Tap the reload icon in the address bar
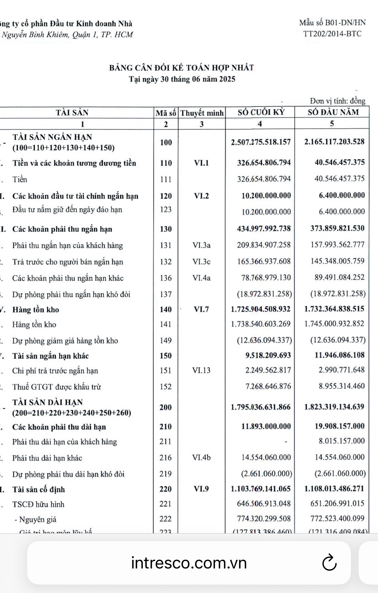tap(329, 563)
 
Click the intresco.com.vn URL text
tap(189, 563)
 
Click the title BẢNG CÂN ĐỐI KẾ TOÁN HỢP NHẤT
tap(181, 68)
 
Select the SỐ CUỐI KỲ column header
tap(261, 112)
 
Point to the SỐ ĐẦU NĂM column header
tap(333, 112)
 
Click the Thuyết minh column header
tap(202, 113)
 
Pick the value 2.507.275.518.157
tap(261, 142)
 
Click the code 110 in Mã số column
tap(166, 163)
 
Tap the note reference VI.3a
tap(201, 245)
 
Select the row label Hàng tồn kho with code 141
tap(34, 324)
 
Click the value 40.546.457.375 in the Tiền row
tap(340, 179)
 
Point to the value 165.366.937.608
tap(264, 261)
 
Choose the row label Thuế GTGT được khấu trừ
tap(57, 387)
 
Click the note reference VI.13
tap(201, 370)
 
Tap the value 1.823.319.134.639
tap(334, 407)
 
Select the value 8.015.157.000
tap(341, 441)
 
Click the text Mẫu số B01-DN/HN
tap(332, 23)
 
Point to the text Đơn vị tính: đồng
tap(338, 101)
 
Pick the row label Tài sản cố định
tap(38, 489)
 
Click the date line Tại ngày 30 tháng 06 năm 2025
tap(182, 79)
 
